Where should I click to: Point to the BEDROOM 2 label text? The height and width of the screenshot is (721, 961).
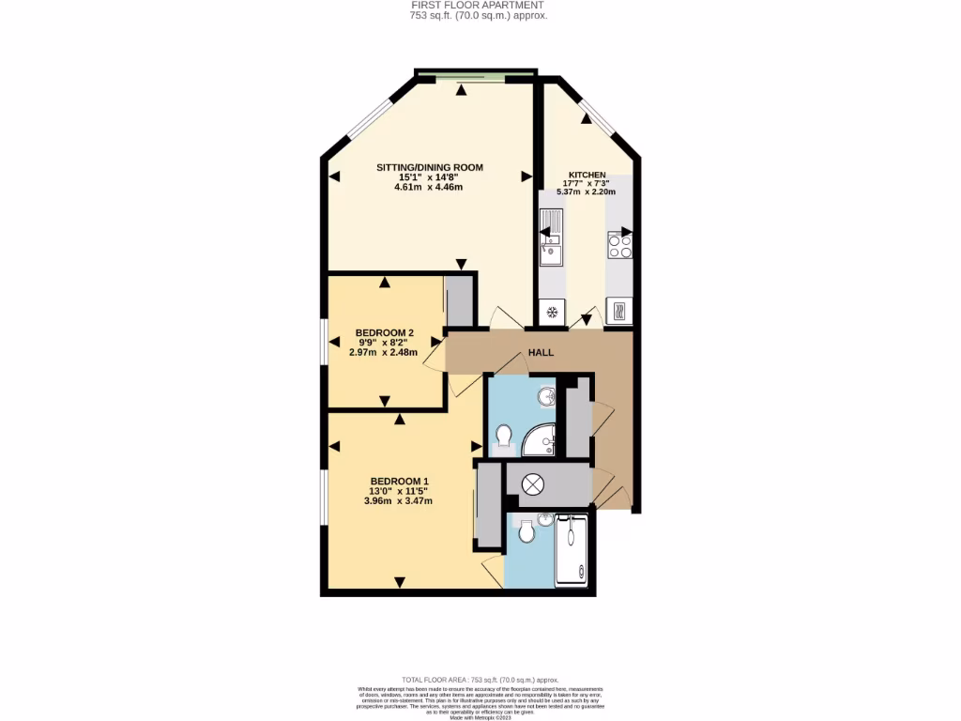pyautogui.click(x=384, y=333)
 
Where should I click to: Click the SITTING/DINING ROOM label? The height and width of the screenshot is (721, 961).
pyautogui.click(x=429, y=167)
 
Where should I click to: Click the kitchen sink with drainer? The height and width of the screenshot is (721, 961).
pyautogui.click(x=551, y=238)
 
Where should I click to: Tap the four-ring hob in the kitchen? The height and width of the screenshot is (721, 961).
pyautogui.click(x=619, y=246)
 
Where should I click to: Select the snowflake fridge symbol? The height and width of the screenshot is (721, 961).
pyautogui.click(x=552, y=312)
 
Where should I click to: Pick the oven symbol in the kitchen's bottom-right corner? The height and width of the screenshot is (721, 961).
pyautogui.click(x=619, y=310)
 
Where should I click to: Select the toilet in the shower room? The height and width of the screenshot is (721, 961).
pyautogui.click(x=504, y=437)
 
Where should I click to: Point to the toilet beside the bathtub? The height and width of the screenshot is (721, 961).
pyautogui.click(x=526, y=533)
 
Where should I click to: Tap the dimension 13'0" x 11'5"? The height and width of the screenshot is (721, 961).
pyautogui.click(x=399, y=490)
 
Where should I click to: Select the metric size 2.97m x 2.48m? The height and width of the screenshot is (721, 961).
pyautogui.click(x=384, y=352)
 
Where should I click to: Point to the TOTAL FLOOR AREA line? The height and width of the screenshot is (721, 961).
pyautogui.click(x=480, y=679)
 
